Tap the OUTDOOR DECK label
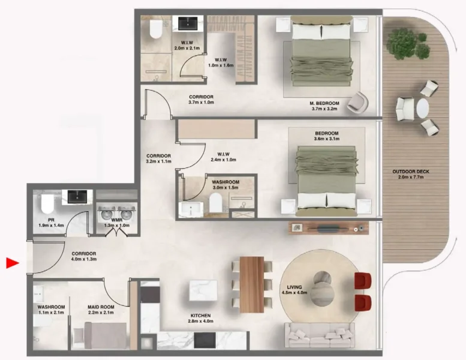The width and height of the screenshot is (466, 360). click(x=411, y=172)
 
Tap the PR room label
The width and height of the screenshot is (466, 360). click(x=43, y=220)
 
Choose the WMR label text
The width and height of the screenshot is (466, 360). click(x=116, y=220)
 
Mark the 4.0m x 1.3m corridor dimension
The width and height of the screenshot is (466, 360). click(x=83, y=260)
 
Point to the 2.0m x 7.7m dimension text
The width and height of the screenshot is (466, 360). click(x=411, y=178)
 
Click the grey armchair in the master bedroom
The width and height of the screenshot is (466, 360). click(x=357, y=101)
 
